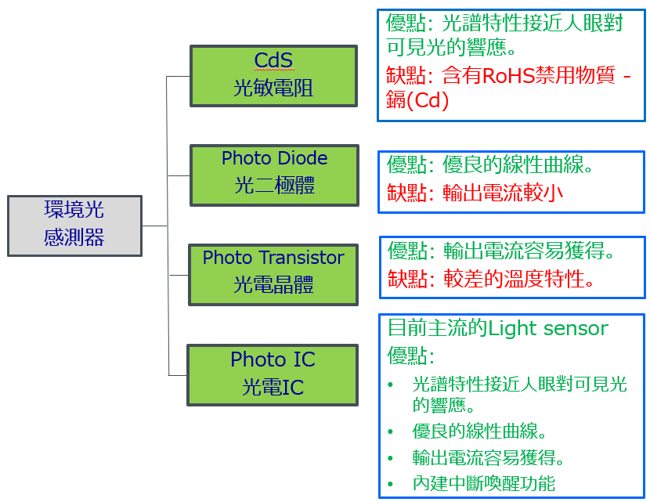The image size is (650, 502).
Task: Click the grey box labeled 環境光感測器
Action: click(74, 226)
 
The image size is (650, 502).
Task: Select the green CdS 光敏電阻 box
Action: click(273, 75)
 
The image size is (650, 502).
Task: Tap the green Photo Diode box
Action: click(274, 174)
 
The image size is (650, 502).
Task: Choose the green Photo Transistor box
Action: click(273, 273)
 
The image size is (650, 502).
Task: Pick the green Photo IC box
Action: click(273, 374)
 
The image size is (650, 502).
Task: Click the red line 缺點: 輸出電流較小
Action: click(475, 193)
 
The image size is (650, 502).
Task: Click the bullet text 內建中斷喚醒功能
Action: click(483, 483)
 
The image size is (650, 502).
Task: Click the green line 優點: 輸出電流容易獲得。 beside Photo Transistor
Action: click(501, 251)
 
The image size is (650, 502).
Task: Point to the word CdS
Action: click(273, 60)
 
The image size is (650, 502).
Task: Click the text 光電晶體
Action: click(273, 284)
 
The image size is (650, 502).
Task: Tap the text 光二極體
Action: click(274, 186)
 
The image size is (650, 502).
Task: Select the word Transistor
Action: click(302, 258)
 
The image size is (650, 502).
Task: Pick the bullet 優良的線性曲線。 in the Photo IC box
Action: click(479, 432)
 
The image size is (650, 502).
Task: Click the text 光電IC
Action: click(273, 387)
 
